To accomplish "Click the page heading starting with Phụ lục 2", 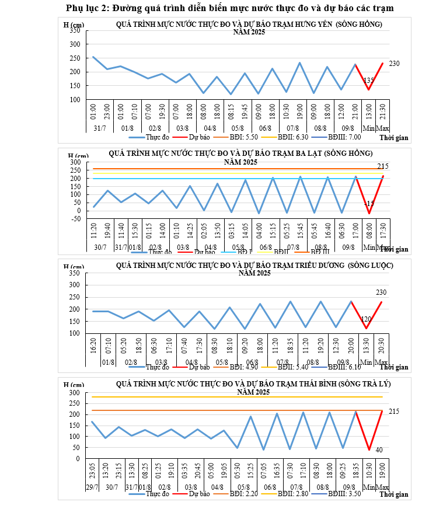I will coord(214,8).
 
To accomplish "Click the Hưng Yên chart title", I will coord(249,24).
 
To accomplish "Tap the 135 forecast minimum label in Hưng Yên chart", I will coord(369,80).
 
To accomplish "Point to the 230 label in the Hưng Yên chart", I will coord(394,63).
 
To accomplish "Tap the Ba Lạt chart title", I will coord(240,154).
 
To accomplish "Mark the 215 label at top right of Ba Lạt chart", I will coord(383,166).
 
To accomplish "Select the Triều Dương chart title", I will coord(254,266).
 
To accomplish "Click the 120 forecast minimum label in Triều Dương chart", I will coord(367,319).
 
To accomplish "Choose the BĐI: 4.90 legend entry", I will coord(242,367).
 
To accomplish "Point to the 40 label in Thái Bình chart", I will coord(379,449).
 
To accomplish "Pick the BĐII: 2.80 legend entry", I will coord(291,494).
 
